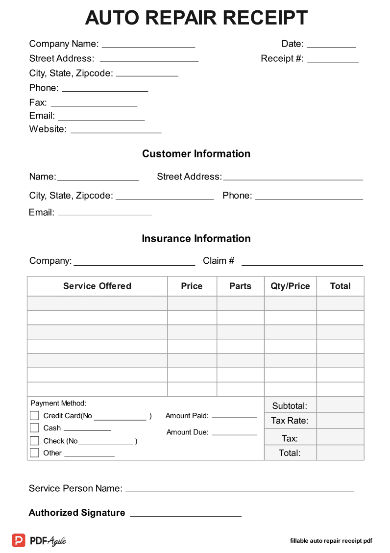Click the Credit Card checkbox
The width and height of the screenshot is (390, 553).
pyautogui.click(x=34, y=416)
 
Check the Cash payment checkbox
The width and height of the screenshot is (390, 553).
pyautogui.click(x=34, y=428)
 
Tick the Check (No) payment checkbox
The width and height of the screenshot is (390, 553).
pyautogui.click(x=34, y=441)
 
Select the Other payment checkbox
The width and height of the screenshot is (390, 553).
pyautogui.click(x=34, y=453)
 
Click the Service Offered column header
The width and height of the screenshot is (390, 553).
pyautogui.click(x=97, y=286)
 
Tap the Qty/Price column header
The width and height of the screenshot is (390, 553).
pyautogui.click(x=290, y=286)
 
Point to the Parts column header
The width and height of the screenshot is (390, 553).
pyautogui.click(x=240, y=286)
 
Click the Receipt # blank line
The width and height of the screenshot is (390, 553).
pyautogui.click(x=333, y=61)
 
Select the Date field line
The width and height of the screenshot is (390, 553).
pyautogui.click(x=331, y=46)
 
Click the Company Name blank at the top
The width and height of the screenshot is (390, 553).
pyautogui.click(x=148, y=46)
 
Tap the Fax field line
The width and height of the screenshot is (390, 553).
pyautogui.click(x=94, y=104)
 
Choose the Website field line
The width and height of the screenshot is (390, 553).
pyautogui.click(x=116, y=131)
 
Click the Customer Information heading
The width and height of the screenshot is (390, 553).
pyautogui.click(x=196, y=154)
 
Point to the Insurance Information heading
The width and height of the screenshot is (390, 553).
pyautogui.click(x=196, y=239)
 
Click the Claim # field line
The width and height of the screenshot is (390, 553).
pyautogui.click(x=302, y=263)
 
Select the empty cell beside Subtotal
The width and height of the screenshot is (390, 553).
pyautogui.click(x=340, y=405)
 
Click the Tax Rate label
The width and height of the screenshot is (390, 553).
pyautogui.click(x=290, y=421)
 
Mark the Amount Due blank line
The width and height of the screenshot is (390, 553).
pyautogui.click(x=234, y=434)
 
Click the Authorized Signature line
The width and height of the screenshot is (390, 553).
pyautogui.click(x=185, y=515)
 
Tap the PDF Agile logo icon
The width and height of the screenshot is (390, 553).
pyautogui.click(x=19, y=540)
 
